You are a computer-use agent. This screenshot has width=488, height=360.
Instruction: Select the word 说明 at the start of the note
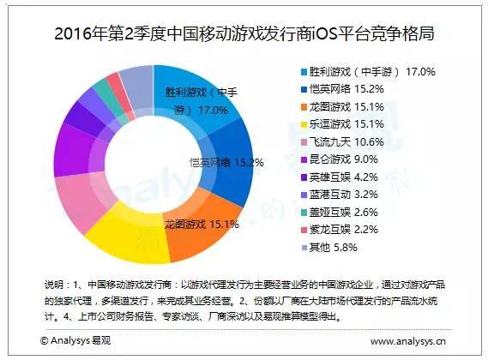click(x=52, y=284)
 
